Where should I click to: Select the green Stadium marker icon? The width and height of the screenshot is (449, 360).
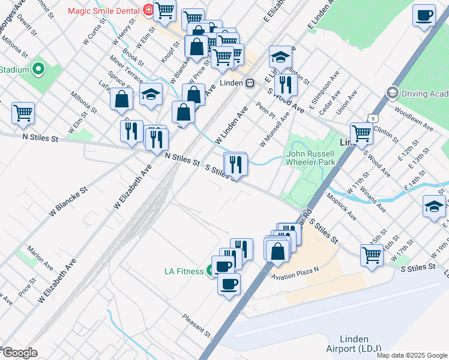coord(39,70)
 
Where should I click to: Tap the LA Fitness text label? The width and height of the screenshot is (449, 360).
coord(184,271)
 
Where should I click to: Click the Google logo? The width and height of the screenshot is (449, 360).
coord(19,353)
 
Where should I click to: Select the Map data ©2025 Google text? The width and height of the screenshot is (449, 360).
coord(411,355)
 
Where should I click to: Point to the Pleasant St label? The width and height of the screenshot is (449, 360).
coord(197,325)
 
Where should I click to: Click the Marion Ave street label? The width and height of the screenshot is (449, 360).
coord(40,257)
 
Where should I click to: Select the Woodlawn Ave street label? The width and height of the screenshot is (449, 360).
coord(414,119)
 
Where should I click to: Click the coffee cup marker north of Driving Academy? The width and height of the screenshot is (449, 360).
coord(424,15)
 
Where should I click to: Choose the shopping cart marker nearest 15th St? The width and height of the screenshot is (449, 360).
coord(372,254)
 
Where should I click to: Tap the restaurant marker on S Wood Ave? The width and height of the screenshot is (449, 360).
coord(286,85)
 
